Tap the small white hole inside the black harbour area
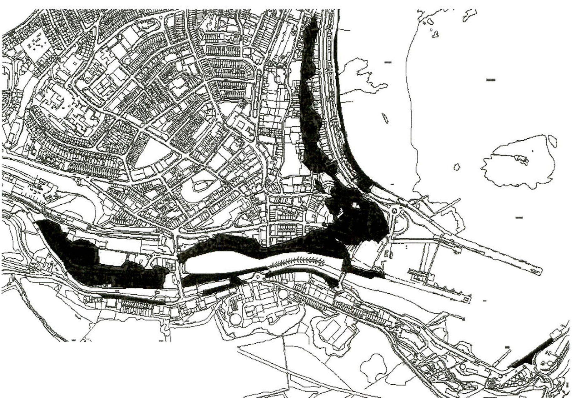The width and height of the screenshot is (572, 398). pyautogui.click(x=355, y=205)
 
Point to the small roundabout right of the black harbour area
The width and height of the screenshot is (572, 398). pyautogui.click(x=394, y=211)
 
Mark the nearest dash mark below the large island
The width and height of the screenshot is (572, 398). pyautogui.click(x=519, y=217)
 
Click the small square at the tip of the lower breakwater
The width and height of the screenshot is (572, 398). pyautogui.click(x=466, y=299)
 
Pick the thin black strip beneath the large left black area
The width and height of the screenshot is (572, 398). pyautogui.click(x=131, y=298)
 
